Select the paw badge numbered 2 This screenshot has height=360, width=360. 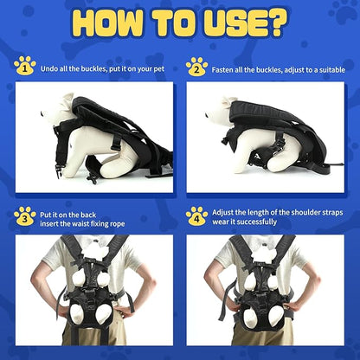(197, 66)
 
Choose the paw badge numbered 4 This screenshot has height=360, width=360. (197, 216)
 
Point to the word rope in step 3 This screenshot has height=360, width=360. (119, 227)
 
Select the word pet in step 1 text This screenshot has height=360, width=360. (161, 66)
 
